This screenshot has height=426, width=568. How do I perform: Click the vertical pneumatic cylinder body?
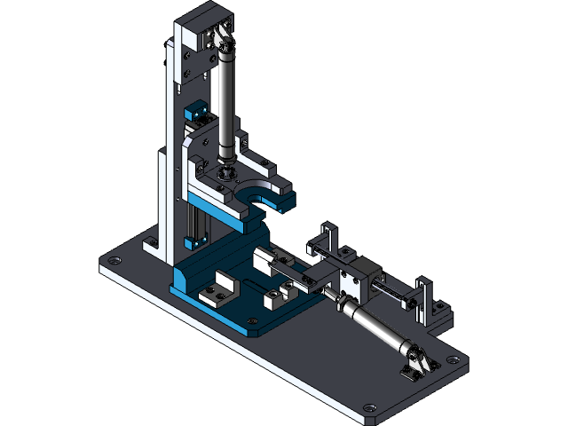pos(227,98)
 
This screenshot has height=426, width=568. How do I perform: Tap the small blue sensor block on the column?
pos(194,114)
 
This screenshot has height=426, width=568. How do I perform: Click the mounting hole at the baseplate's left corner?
pos(113,260)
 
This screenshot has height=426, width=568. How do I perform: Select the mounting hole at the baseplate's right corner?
pos(454,360)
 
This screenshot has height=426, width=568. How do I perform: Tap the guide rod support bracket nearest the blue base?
pos(325,241)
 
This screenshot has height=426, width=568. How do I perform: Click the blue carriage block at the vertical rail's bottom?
pos(197,240)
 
